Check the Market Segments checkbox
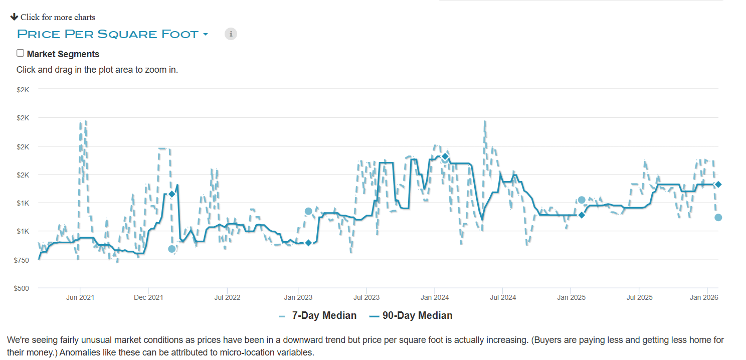[21, 53]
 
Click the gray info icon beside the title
[231, 34]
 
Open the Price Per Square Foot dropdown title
[112, 34]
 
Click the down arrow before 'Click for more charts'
[14, 17]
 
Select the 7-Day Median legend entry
[324, 315]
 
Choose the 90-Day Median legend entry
[417, 315]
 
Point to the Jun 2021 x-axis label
[80, 297]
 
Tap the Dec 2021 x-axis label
[148, 297]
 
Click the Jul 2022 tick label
[227, 297]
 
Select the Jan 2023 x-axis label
[298, 297]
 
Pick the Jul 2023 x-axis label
[366, 297]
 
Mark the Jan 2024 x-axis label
[435, 297]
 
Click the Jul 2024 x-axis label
[502, 297]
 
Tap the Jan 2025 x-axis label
[571, 297]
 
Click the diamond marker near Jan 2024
[445, 157]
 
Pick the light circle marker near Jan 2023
[308, 211]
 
